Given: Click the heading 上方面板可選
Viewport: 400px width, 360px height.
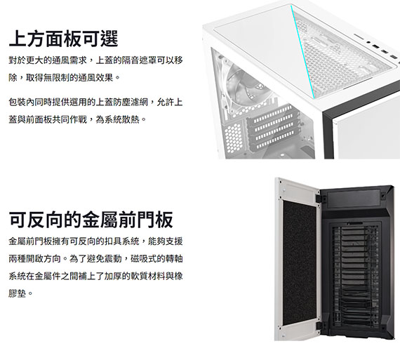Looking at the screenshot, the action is [x=64, y=39].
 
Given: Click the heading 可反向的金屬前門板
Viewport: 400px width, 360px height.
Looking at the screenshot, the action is [x=91, y=220].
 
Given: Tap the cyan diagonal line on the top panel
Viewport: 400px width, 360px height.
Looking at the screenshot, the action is [x=302, y=52].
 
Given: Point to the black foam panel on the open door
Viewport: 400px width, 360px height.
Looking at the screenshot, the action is [x=300, y=262].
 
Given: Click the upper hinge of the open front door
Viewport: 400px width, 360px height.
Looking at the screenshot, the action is [x=319, y=199].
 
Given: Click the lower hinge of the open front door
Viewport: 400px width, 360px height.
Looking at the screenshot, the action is [x=319, y=326].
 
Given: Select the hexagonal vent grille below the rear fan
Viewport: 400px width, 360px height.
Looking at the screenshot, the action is [x=234, y=138].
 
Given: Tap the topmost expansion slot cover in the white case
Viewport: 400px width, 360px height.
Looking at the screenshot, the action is [x=273, y=112].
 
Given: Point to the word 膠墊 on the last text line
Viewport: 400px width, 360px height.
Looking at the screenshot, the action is [x=18, y=293].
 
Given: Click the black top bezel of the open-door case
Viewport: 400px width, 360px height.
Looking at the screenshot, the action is [x=353, y=196].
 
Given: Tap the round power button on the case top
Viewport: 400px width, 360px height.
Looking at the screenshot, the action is [x=368, y=42].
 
